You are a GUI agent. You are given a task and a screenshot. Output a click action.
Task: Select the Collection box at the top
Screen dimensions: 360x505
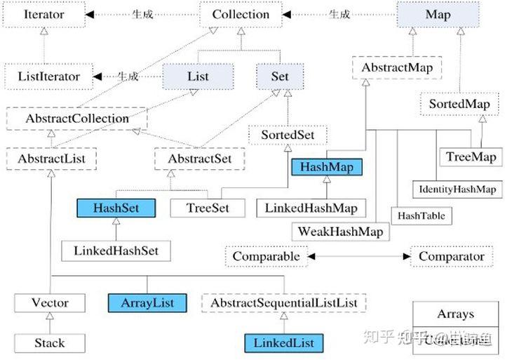(241, 14)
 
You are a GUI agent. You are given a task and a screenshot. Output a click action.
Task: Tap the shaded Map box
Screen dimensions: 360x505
(438, 14)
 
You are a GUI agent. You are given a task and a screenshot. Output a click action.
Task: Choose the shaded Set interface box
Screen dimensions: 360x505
(279, 76)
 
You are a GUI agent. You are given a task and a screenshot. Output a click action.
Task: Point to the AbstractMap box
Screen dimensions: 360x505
(397, 68)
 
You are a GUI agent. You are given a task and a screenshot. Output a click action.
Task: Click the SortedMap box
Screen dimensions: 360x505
(459, 104)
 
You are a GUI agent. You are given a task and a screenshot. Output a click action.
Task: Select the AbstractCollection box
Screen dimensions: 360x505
(76, 118)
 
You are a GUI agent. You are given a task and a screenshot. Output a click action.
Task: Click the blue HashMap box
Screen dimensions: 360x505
(327, 167)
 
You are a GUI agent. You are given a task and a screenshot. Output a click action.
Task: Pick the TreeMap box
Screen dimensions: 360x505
(471, 157)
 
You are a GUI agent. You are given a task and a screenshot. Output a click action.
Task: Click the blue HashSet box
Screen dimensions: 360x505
(116, 208)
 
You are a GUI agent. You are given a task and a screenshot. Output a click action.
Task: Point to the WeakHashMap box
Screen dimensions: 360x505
(340, 231)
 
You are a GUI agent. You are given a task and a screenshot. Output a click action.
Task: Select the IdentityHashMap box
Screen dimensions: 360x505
(457, 189)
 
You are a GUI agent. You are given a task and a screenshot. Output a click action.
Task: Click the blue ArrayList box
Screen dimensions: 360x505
(147, 303)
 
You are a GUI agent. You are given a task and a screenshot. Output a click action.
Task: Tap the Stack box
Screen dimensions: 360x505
(49, 343)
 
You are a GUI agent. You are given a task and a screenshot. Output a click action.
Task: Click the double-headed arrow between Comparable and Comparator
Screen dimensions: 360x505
(358, 257)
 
